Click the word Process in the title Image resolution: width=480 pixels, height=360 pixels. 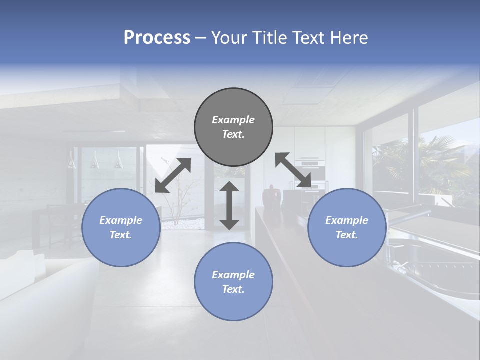(x=157, y=38)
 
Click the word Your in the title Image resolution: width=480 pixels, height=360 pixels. (x=228, y=38)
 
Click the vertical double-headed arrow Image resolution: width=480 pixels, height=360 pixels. (x=229, y=205)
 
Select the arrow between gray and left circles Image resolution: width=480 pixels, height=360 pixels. (x=173, y=175)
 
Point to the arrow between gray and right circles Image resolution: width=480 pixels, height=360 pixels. (x=293, y=170)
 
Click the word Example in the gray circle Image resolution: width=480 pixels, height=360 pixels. (x=233, y=120)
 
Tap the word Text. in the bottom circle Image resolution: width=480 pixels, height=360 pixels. (x=233, y=289)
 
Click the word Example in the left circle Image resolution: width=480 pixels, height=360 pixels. (x=121, y=220)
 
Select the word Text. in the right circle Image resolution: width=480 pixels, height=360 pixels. (x=347, y=235)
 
